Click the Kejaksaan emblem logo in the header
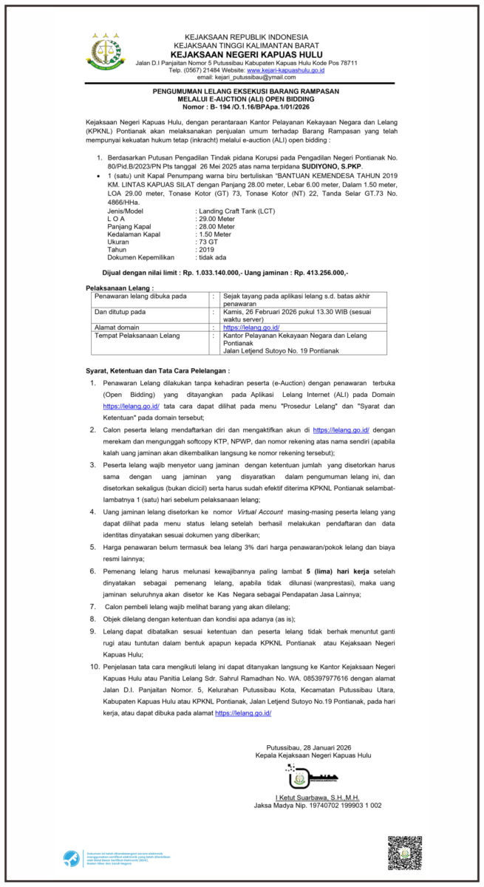(106, 52)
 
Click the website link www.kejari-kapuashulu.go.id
(278, 69)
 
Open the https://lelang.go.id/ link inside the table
(251, 327)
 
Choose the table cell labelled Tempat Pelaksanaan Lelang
(137, 335)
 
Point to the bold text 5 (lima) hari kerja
(325, 571)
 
